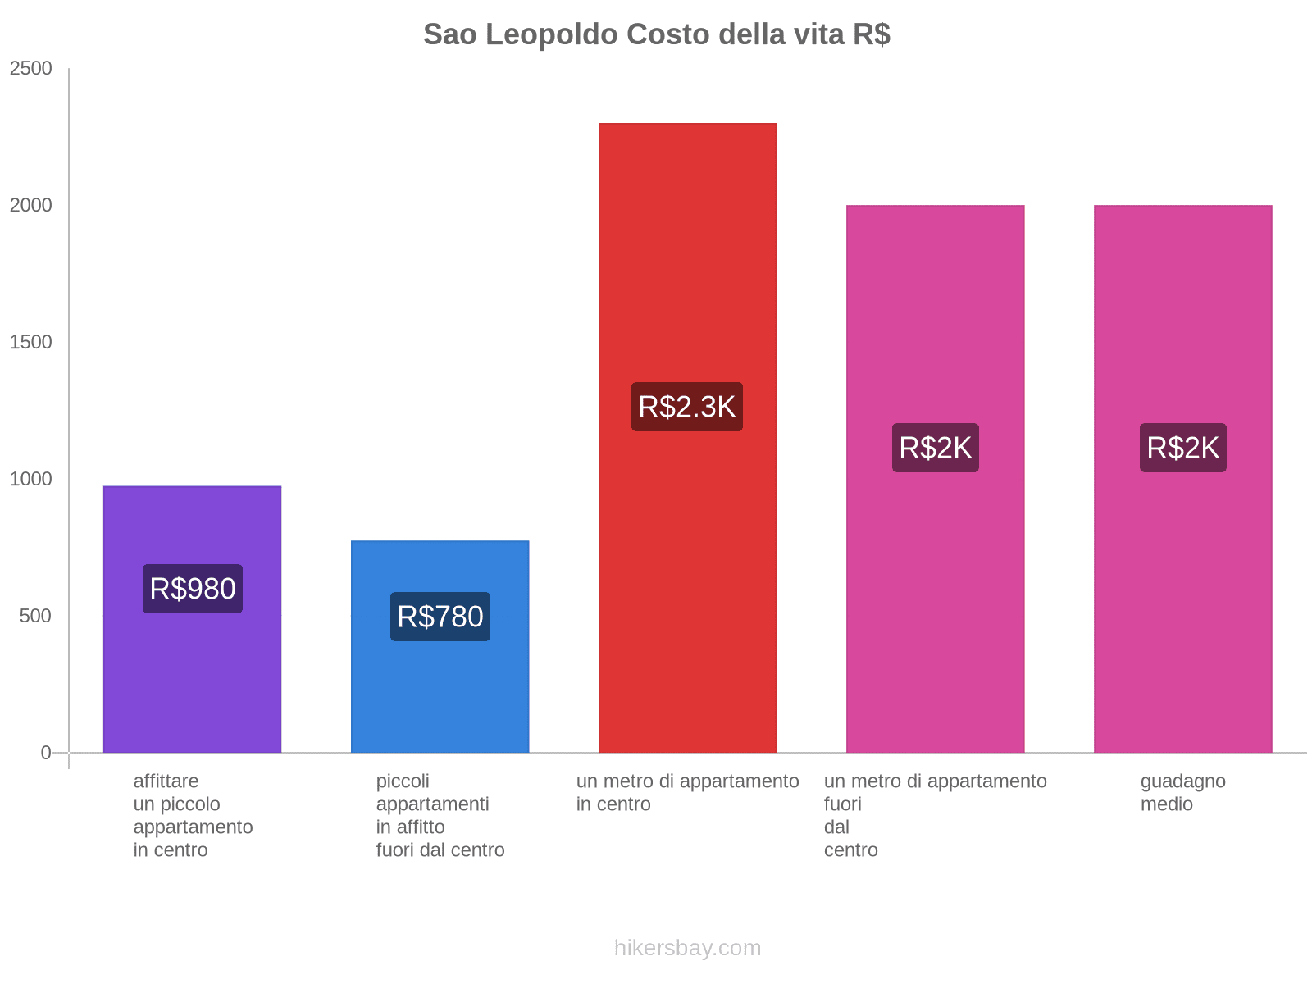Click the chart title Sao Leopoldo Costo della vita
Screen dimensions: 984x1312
pos(656,34)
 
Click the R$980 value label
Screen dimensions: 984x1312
pos(193,589)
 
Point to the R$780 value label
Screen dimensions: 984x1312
pos(440,617)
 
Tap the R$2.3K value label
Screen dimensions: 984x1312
pos(687,407)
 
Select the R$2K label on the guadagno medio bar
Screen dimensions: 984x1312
pos(1182,448)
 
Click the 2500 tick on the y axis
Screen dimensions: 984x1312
pos(31,69)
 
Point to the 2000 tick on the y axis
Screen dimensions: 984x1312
pos(31,206)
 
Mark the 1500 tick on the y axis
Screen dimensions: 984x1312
pos(31,343)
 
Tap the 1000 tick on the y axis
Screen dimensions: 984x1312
pos(31,480)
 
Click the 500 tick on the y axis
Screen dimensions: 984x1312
pos(36,617)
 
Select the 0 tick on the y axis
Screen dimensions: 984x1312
pos(46,753)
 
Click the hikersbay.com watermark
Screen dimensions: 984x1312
pos(687,948)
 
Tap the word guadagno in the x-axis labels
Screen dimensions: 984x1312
pos(1182,781)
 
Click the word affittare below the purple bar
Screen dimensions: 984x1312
pos(166,781)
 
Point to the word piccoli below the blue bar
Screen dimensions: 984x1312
pos(403,781)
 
